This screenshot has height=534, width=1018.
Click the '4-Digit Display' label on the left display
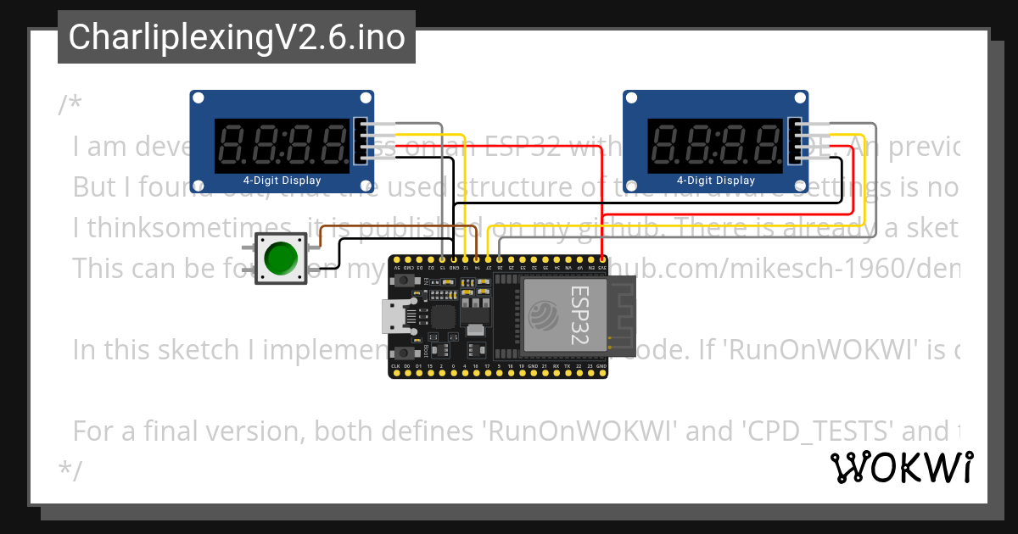click(x=282, y=181)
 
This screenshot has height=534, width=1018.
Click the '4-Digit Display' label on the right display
click(x=715, y=181)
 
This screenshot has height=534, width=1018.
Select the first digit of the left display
click(x=232, y=145)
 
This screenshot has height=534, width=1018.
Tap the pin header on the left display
click(x=362, y=140)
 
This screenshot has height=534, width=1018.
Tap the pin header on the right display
click(x=796, y=140)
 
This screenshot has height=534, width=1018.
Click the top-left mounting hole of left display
click(x=198, y=99)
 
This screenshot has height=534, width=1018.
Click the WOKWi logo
click(x=901, y=467)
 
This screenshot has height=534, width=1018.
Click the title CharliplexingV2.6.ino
click(x=237, y=37)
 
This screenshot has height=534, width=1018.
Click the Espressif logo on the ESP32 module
click(x=543, y=316)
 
